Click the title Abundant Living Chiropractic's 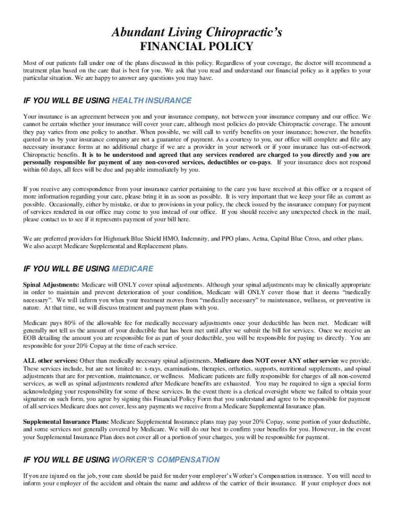[197, 33]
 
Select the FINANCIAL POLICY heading [197, 47]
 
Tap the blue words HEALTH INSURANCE [151, 100]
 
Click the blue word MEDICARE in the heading [132, 269]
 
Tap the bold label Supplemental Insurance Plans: [65, 422]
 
